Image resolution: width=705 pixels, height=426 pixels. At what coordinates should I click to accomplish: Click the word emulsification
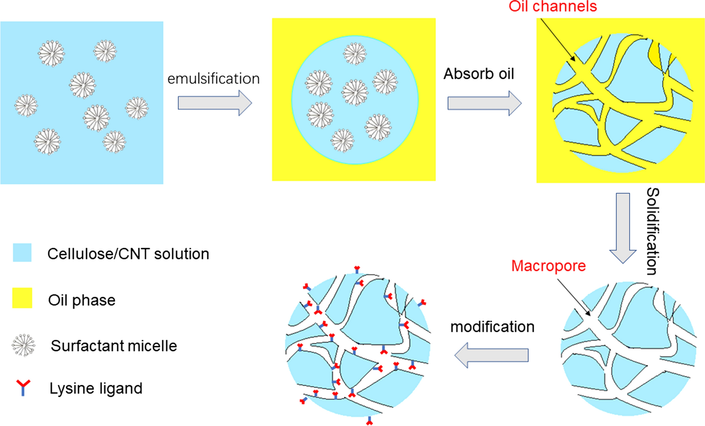coord(214,79)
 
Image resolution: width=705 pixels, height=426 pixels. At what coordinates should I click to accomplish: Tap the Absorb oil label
coord(479,74)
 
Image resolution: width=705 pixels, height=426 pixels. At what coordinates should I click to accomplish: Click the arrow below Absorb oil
coord(484,103)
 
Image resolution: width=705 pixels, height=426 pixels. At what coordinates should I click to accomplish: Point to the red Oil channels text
coord(552,6)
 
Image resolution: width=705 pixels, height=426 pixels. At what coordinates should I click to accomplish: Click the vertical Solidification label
coord(653,231)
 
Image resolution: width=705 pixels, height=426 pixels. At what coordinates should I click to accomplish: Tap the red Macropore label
coord(548,266)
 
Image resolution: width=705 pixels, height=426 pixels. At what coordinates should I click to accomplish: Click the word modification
coord(492,327)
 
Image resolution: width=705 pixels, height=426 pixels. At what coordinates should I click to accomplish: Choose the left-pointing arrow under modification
coord(491,355)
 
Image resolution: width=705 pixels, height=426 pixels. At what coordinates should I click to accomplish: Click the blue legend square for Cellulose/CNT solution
coord(22,253)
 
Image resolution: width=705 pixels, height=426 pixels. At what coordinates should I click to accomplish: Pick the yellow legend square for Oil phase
coord(22,298)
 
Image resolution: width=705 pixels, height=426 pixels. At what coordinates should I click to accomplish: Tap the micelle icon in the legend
coord(23,345)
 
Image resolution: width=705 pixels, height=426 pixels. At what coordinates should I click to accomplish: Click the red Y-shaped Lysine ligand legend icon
coord(23,387)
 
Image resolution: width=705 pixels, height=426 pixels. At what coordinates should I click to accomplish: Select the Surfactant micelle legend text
coord(114,346)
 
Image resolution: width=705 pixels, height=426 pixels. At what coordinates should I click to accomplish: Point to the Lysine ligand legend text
coord(96,388)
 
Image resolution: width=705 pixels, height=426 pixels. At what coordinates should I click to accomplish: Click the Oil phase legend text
coord(82,301)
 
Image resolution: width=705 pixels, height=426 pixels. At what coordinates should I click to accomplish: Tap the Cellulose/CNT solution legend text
coord(128,254)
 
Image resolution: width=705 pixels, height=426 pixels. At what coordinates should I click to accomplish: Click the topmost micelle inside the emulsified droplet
coord(355,54)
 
